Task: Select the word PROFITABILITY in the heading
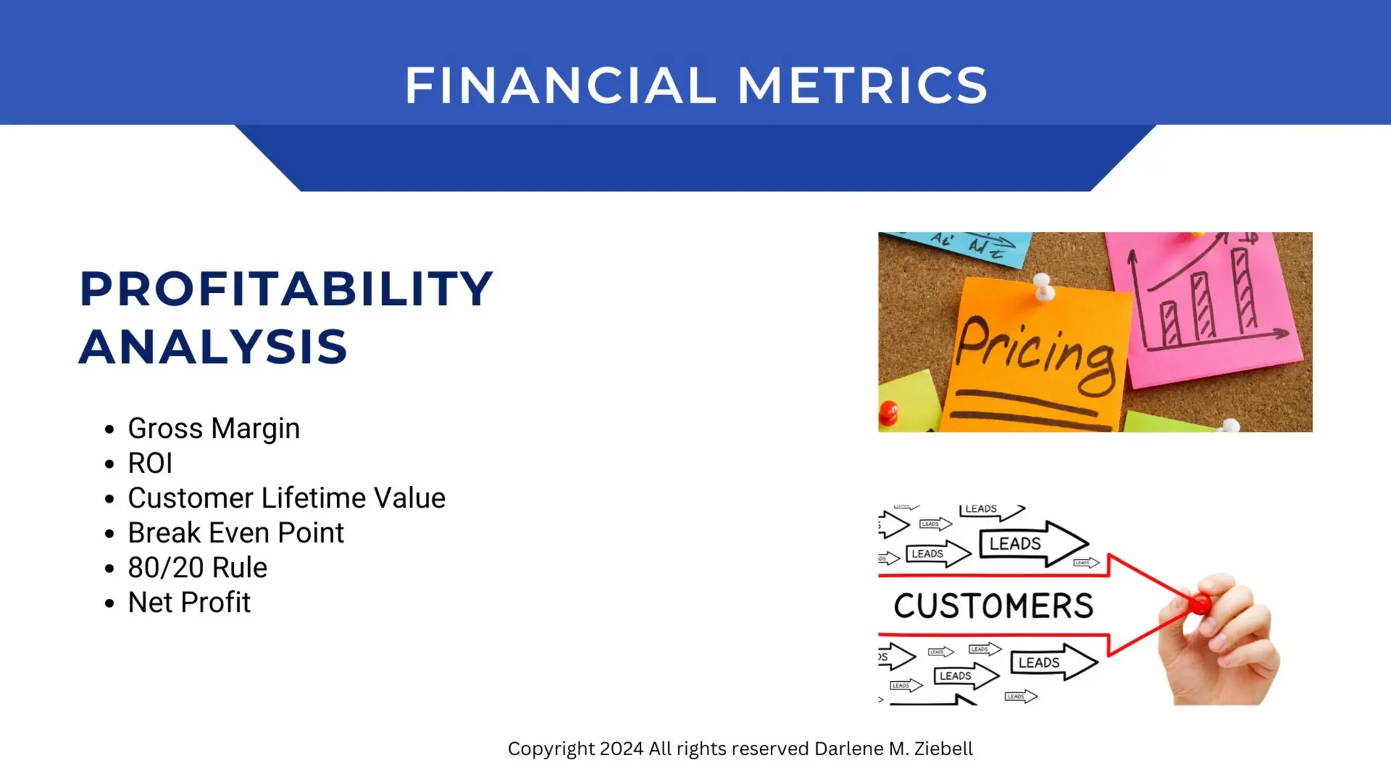[286, 289]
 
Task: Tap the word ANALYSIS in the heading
[213, 347]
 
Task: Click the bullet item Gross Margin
[213, 429]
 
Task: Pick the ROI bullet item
[150, 464]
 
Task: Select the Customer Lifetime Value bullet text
[286, 498]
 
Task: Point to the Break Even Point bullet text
[236, 533]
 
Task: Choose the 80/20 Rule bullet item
[197, 568]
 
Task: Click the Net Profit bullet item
[189, 603]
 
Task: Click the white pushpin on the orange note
[1043, 286]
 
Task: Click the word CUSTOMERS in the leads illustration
[993, 606]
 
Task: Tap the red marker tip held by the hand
[1199, 603]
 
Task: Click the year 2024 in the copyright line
[621, 749]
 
